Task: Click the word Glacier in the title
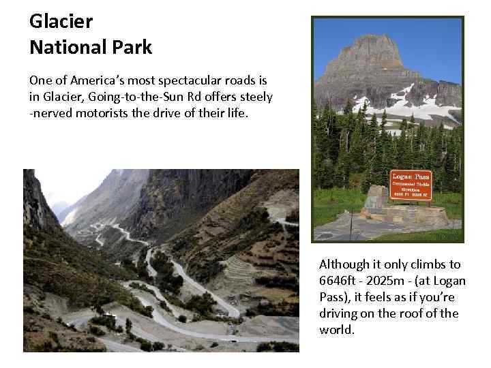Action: [x=61, y=21]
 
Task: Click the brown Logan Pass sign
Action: [x=410, y=185]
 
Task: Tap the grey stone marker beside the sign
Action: [x=375, y=198]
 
